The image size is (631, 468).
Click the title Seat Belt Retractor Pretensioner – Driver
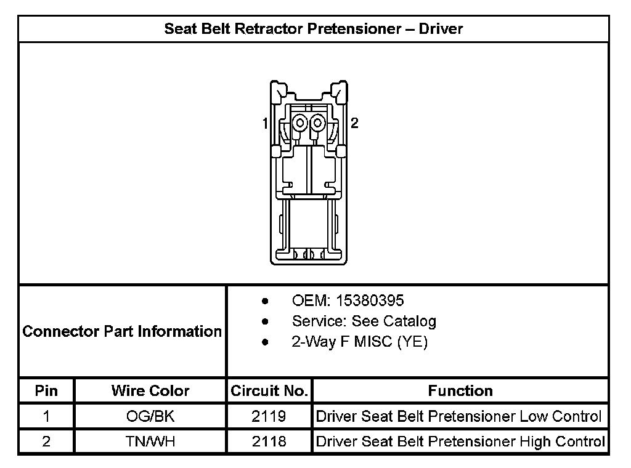(314, 28)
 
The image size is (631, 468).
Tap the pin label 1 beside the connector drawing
(265, 123)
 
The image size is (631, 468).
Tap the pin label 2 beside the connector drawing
(354, 123)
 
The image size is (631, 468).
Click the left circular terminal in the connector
(299, 123)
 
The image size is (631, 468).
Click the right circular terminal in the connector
(317, 123)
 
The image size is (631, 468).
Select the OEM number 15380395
(370, 301)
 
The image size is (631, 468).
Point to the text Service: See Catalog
(364, 321)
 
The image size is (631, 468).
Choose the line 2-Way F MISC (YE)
(360, 342)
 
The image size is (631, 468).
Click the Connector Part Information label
(122, 331)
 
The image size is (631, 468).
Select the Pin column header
(46, 390)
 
